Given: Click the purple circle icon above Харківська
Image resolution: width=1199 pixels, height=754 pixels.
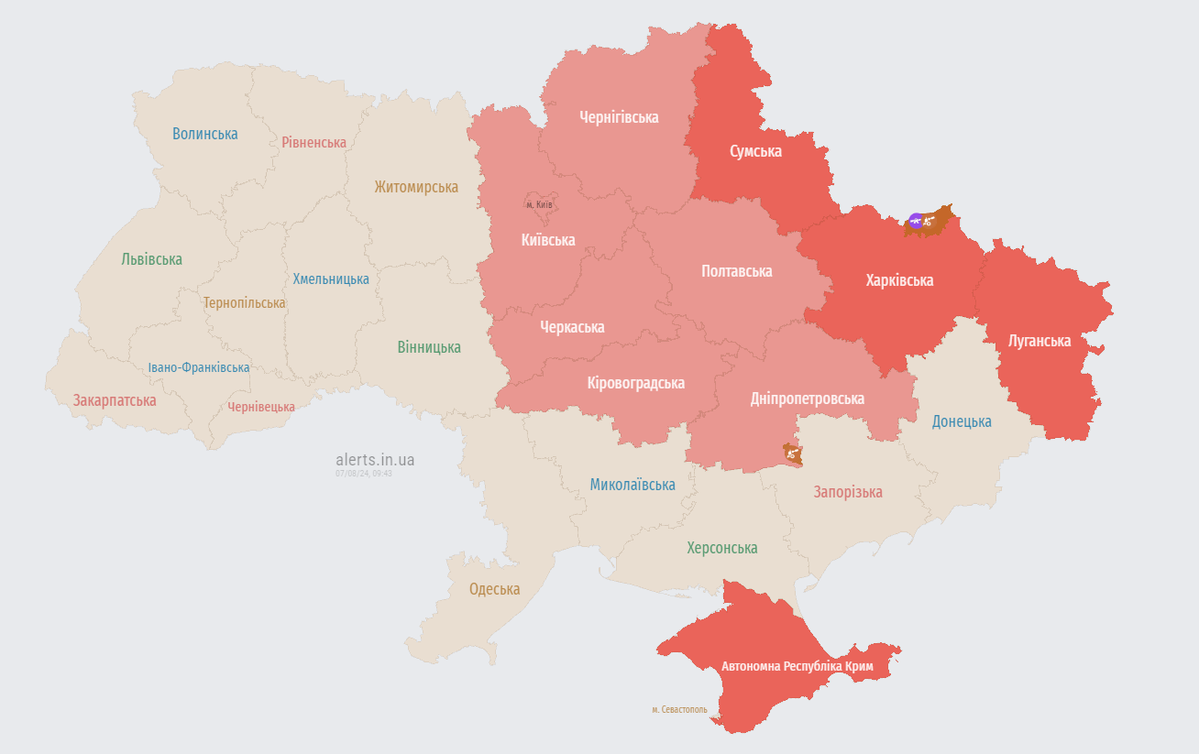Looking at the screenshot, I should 915,220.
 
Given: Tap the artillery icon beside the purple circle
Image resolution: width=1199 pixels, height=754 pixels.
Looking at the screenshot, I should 930,220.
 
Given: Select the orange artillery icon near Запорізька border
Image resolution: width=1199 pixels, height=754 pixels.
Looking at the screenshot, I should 791,452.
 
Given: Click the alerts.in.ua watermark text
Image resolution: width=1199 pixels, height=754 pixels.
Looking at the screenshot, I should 375,459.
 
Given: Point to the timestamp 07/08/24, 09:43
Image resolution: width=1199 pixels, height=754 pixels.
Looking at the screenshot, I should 364,474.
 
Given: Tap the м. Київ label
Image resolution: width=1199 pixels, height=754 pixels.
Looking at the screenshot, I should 539,204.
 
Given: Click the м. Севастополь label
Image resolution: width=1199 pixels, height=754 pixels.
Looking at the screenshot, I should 679,709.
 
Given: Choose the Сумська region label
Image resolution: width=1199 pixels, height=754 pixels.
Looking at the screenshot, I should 755,151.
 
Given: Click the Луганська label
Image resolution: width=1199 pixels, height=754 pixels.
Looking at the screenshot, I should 1039,341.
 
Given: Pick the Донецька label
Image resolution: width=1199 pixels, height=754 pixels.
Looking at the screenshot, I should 962,421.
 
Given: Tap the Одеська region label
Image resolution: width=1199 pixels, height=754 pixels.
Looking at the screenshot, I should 494,589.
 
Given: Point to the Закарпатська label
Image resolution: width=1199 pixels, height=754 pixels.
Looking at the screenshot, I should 115,400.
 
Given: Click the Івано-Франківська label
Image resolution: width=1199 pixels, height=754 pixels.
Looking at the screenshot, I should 199,367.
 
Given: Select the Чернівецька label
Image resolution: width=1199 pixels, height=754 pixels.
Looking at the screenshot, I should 261,407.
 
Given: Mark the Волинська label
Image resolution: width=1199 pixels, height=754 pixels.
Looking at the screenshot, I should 204,134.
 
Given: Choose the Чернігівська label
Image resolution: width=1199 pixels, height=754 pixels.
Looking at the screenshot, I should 619,117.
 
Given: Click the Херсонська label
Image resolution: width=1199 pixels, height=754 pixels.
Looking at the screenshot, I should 722,548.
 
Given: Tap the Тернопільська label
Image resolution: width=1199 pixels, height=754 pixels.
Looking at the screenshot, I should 244,302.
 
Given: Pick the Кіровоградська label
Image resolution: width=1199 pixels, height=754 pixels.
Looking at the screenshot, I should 635,383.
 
